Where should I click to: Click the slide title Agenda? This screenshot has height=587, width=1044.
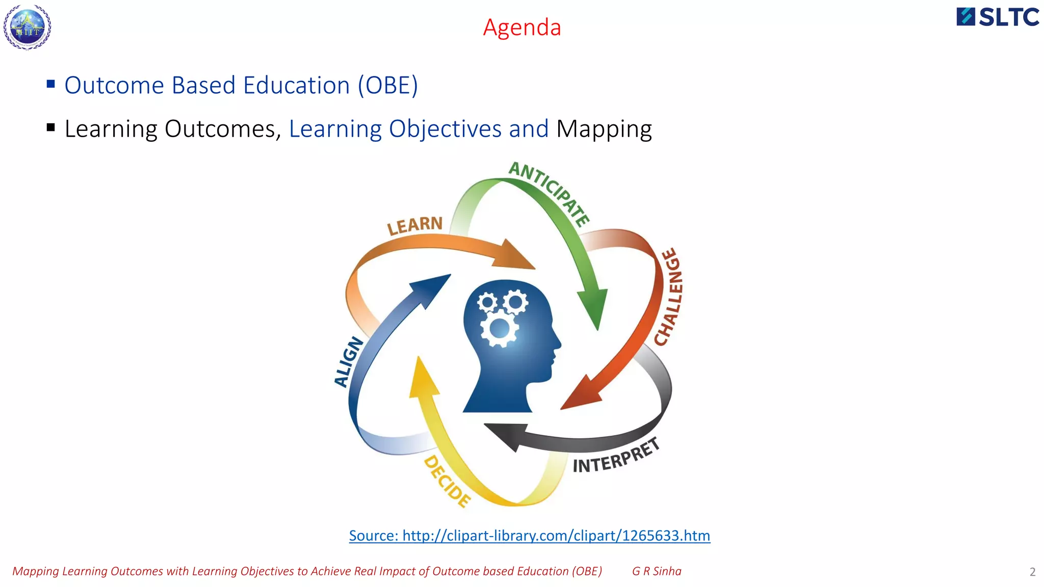521,28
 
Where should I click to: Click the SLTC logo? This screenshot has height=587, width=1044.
998,17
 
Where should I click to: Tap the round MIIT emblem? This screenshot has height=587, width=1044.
28,28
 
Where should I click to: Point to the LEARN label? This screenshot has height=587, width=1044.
414,225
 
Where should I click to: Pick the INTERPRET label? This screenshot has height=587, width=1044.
616,456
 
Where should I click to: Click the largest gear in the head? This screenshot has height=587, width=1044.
499,329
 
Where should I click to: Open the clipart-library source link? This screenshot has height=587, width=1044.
529,536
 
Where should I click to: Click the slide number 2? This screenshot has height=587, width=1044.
1032,572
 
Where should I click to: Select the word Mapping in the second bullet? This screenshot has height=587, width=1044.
604,129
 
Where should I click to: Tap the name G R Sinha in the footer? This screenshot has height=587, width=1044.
657,571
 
